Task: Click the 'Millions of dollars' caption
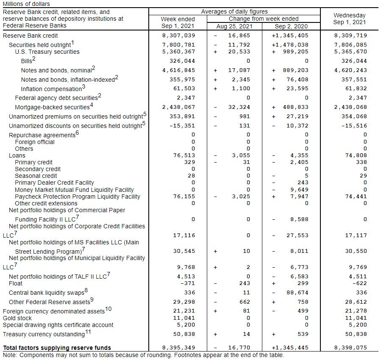coord(26,4)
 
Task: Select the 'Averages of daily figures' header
coord(234,11)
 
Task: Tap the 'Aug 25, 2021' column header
coord(234,26)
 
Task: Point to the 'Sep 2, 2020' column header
coord(291,26)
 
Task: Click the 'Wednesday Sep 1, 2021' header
coord(349,19)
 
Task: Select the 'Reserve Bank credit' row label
coord(30,36)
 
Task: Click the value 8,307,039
coord(178,36)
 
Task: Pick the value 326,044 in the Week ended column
coord(182,61)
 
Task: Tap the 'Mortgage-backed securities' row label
coord(52,107)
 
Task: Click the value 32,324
coord(239,107)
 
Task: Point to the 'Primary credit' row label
coord(33,162)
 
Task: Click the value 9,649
coord(299,190)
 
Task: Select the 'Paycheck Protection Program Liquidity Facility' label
coord(78,197)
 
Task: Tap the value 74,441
coord(356,197)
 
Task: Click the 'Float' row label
coord(16,283)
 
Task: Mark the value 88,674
coord(298,293)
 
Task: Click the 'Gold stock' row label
coord(17,318)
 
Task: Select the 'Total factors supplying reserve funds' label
coord(57,348)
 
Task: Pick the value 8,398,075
coord(350,348)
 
